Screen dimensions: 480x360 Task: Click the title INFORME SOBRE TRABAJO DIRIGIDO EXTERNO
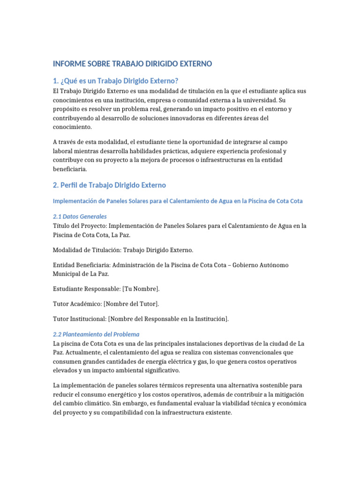click(x=132, y=63)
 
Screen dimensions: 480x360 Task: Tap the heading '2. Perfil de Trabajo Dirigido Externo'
click(x=109, y=185)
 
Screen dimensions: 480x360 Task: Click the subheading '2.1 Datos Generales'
click(x=79, y=217)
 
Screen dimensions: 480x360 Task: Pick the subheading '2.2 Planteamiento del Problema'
click(x=96, y=334)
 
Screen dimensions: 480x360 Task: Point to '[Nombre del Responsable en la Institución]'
click(x=168, y=319)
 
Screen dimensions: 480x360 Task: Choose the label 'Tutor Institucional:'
click(x=80, y=319)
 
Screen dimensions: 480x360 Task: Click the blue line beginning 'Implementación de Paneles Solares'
click(x=178, y=201)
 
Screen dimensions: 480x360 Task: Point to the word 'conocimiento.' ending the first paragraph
click(x=73, y=127)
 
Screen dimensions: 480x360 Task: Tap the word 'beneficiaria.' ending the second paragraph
click(x=70, y=169)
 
